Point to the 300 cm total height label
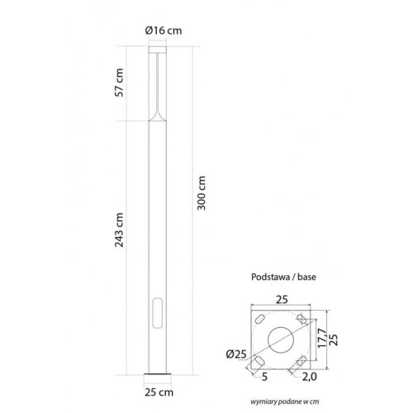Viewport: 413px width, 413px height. [203, 194]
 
